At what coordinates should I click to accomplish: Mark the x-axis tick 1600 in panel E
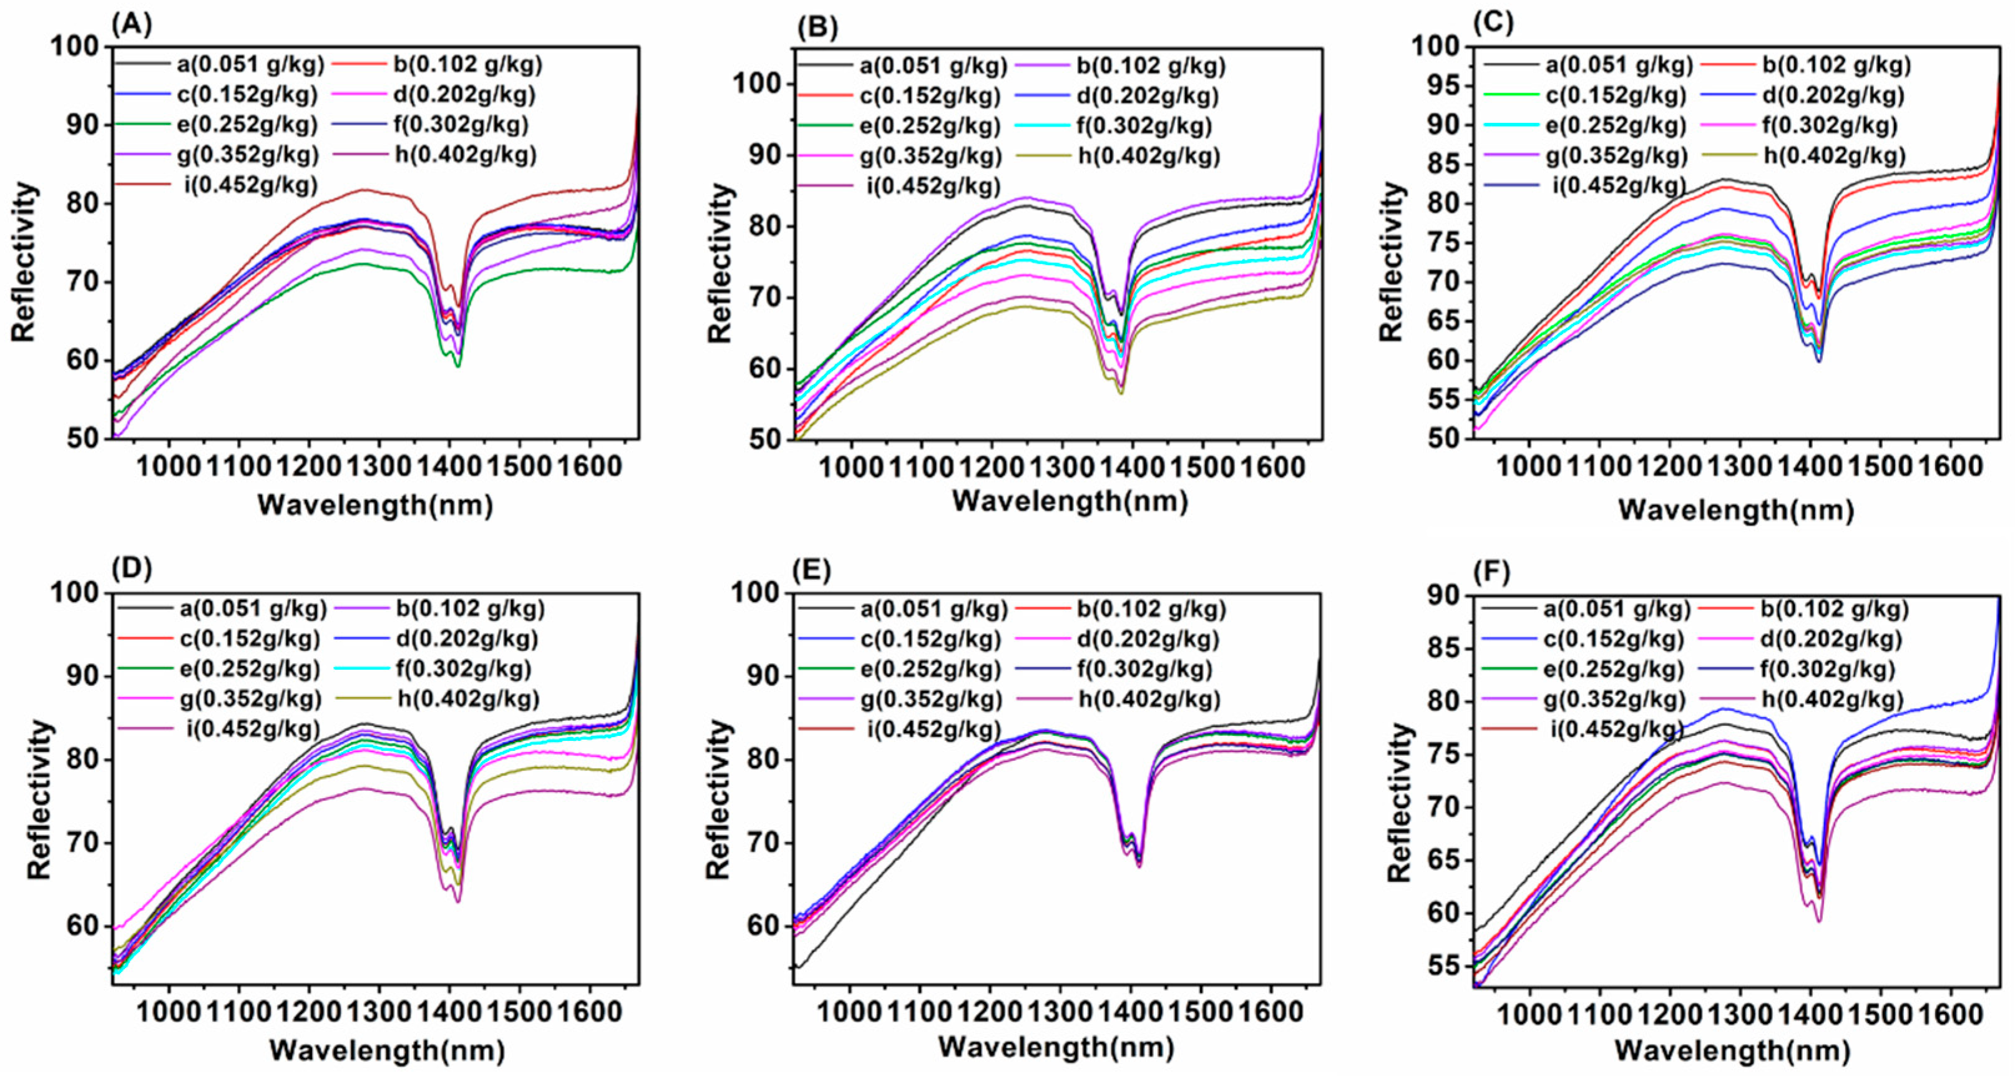pyautogui.click(x=1271, y=1011)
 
